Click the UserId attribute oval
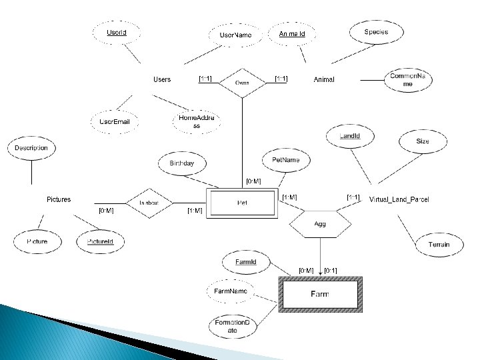(x=117, y=32)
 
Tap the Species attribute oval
(x=376, y=32)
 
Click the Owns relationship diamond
(x=242, y=82)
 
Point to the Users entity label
(x=162, y=79)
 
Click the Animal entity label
(x=324, y=79)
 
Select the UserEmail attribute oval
(x=115, y=122)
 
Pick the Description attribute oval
(x=31, y=147)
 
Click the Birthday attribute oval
(x=181, y=163)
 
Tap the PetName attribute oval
(x=287, y=160)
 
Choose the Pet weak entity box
(x=241, y=202)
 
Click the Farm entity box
(x=321, y=293)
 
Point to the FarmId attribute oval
(x=246, y=262)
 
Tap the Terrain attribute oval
(x=439, y=245)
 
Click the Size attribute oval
(x=423, y=141)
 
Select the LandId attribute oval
(x=350, y=136)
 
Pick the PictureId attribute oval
(x=101, y=241)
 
